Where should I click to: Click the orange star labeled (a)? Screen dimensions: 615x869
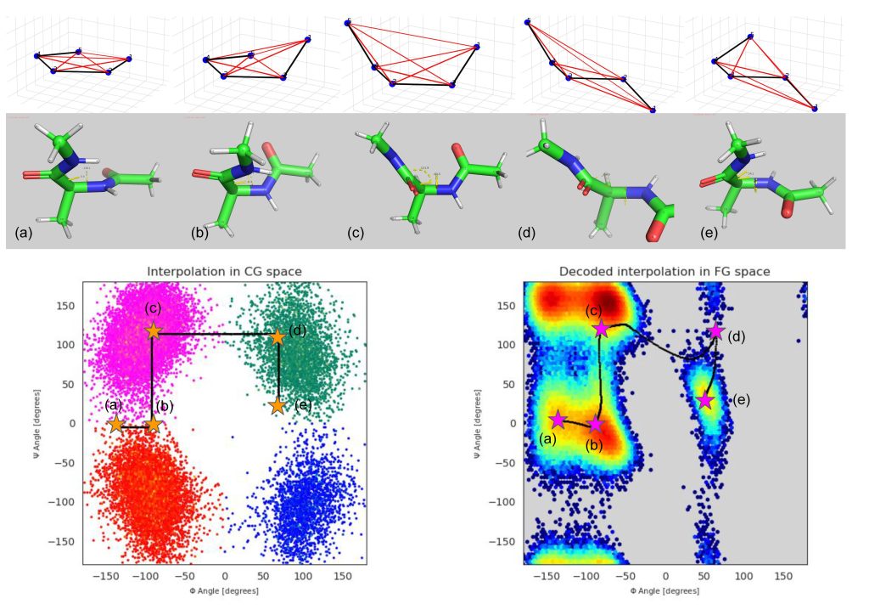(116, 424)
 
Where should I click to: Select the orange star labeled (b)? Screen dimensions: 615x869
(153, 424)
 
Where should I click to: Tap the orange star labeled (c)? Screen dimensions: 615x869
(153, 331)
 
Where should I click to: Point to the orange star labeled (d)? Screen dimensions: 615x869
(278, 336)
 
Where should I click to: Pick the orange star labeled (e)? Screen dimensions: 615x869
(278, 406)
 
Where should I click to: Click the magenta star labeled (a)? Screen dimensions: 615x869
(558, 419)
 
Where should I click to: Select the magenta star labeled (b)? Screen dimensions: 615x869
(596, 424)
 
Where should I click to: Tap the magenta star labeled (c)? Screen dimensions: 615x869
(601, 329)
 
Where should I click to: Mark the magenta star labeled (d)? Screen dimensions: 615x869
(715, 331)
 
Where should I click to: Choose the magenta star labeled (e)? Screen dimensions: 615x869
(704, 401)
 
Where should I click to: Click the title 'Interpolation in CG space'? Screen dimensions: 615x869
(224, 271)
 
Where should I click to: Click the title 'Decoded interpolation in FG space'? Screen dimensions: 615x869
(665, 271)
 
